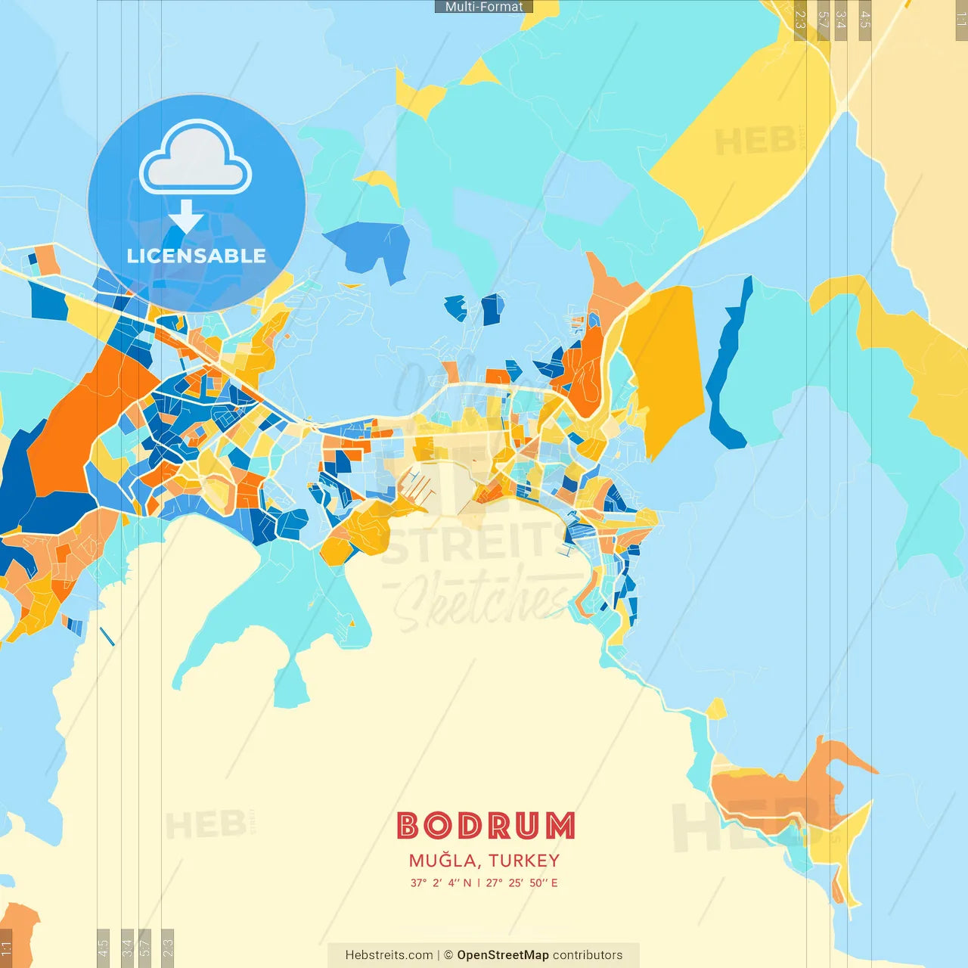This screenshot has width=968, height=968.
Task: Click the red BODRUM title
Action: click(x=486, y=826)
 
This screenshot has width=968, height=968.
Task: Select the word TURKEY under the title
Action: click(x=524, y=861)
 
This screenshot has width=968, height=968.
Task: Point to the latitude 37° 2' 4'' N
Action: click(x=441, y=883)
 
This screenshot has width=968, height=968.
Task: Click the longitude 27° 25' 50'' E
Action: click(x=522, y=883)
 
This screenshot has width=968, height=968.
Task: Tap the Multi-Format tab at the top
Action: click(x=484, y=7)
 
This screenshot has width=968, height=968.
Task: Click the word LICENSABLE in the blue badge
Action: click(x=197, y=256)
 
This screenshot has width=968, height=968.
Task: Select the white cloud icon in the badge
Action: click(x=196, y=157)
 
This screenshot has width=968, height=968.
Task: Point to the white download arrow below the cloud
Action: click(x=186, y=217)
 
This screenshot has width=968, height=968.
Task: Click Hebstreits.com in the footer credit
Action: click(x=389, y=955)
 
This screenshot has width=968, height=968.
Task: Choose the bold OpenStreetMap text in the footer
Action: click(x=503, y=955)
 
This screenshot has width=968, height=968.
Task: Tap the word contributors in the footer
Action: click(x=588, y=955)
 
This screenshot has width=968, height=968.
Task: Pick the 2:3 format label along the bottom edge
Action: click(x=168, y=946)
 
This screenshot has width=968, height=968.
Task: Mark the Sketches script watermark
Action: click(x=484, y=601)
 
